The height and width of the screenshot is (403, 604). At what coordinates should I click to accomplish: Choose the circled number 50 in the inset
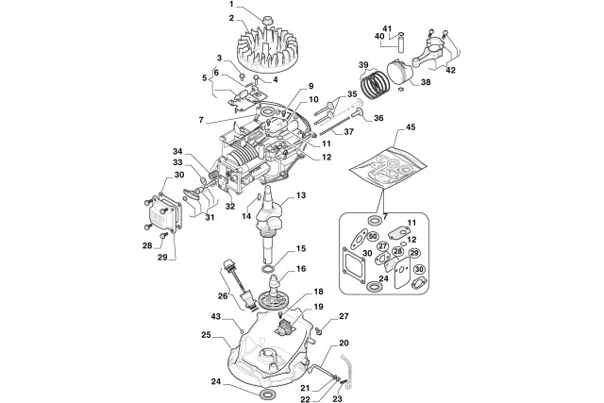(373, 235)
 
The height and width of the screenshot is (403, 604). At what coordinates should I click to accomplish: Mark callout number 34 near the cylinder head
(177, 151)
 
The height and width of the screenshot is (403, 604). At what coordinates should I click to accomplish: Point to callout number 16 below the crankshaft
(302, 268)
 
